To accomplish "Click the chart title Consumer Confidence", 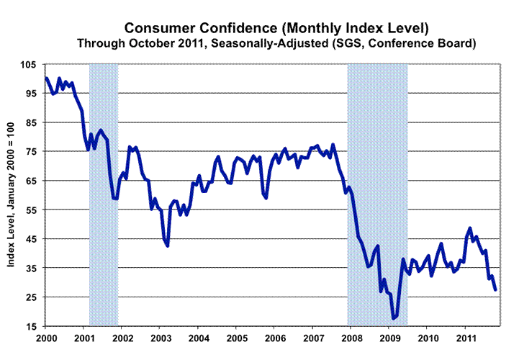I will (x=277, y=28).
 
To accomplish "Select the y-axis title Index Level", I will (x=13, y=194).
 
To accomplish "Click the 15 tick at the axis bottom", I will (x=30, y=328).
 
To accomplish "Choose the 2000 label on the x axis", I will (x=46, y=338).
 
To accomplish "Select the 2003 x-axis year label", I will (x=161, y=338).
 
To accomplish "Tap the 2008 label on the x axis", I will (x=351, y=338).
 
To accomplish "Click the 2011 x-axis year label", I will (x=466, y=338).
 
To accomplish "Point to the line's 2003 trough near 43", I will (x=167, y=246).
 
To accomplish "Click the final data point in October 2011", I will (x=495, y=289).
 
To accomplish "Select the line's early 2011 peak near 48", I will (x=470, y=228).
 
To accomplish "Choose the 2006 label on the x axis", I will (x=275, y=338).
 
